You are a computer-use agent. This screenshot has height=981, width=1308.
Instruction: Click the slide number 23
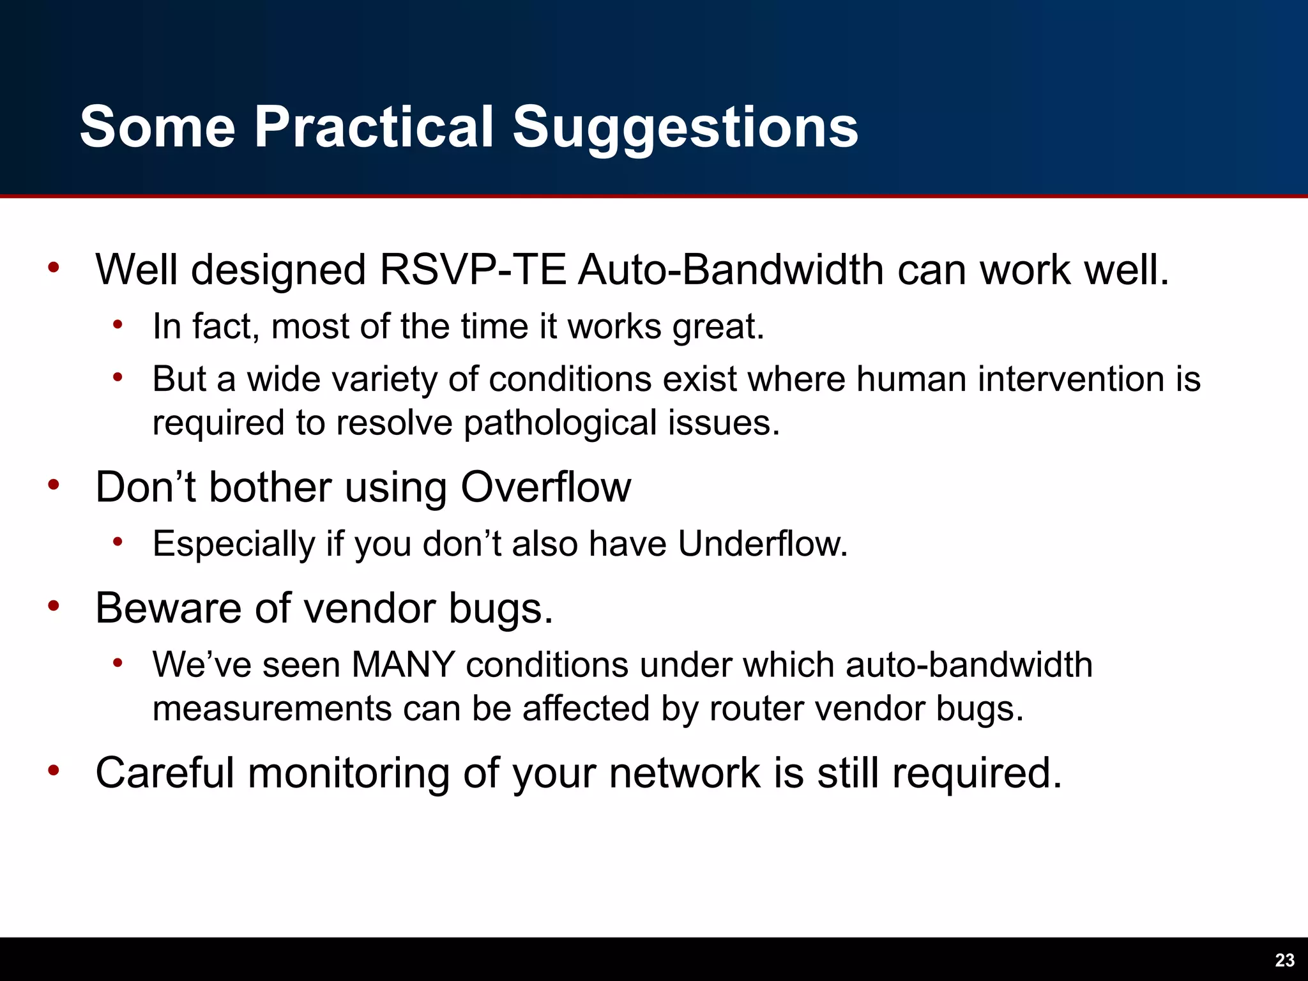(1284, 960)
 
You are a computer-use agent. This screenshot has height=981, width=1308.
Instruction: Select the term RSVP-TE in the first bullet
(473, 270)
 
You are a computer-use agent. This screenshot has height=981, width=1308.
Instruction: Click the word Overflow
(546, 487)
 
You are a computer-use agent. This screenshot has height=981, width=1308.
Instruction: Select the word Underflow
(763, 544)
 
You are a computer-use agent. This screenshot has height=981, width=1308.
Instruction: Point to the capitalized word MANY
(403, 665)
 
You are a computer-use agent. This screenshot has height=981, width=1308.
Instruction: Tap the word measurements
(272, 709)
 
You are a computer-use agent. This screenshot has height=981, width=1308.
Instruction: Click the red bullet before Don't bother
(54, 485)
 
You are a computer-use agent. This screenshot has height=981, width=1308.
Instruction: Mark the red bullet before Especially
(118, 542)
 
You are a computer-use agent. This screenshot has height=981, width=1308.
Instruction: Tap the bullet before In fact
(118, 325)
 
